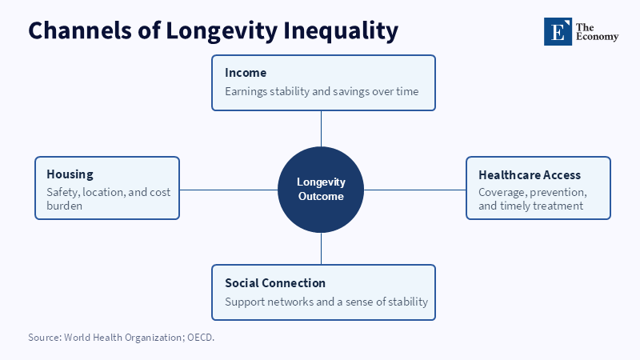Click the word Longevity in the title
pos(222,31)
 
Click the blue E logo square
pos(558,31)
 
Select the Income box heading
pos(246,73)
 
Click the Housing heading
pos(70,174)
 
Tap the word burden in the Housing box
pos(65,206)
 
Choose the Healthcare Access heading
pos(530,174)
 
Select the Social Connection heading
pos(275,283)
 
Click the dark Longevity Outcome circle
pos(321,190)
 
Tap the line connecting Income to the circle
pos(321,129)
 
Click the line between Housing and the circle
pos(229,190)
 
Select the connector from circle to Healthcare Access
pos(414,190)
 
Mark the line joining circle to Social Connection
pos(321,249)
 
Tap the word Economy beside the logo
pos(597,37)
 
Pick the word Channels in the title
pos(80,31)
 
